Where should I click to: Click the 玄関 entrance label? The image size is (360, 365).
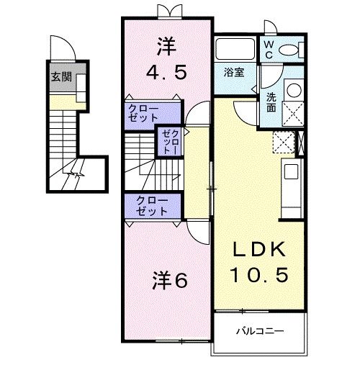click(x=61, y=77)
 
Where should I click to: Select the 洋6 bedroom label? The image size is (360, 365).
click(x=171, y=281)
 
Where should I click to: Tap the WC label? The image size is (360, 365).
click(x=267, y=48)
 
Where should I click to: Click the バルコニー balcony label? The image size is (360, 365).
click(x=260, y=331)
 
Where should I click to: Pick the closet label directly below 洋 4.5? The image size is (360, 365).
click(x=145, y=112)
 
